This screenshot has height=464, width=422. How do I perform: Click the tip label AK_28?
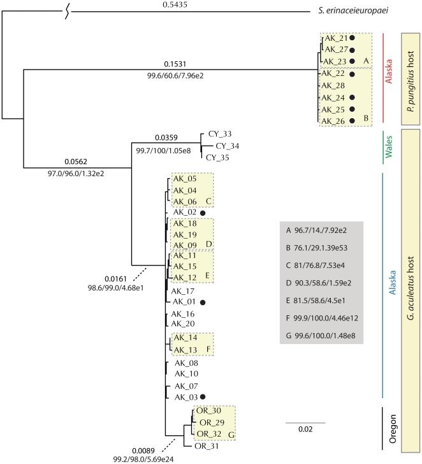[x=335, y=86]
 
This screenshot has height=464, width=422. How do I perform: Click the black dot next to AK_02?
[x=202, y=213]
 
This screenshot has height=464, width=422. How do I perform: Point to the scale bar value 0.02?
[x=305, y=429]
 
